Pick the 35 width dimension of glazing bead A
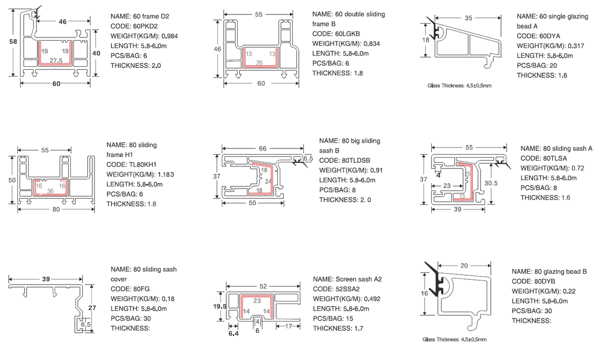[x=468, y=18]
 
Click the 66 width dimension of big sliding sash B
[x=262, y=148]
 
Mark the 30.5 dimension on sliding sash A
[x=491, y=183]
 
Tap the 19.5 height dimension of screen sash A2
[x=220, y=307]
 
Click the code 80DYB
[x=546, y=281]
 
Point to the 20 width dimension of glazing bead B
[x=464, y=266]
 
